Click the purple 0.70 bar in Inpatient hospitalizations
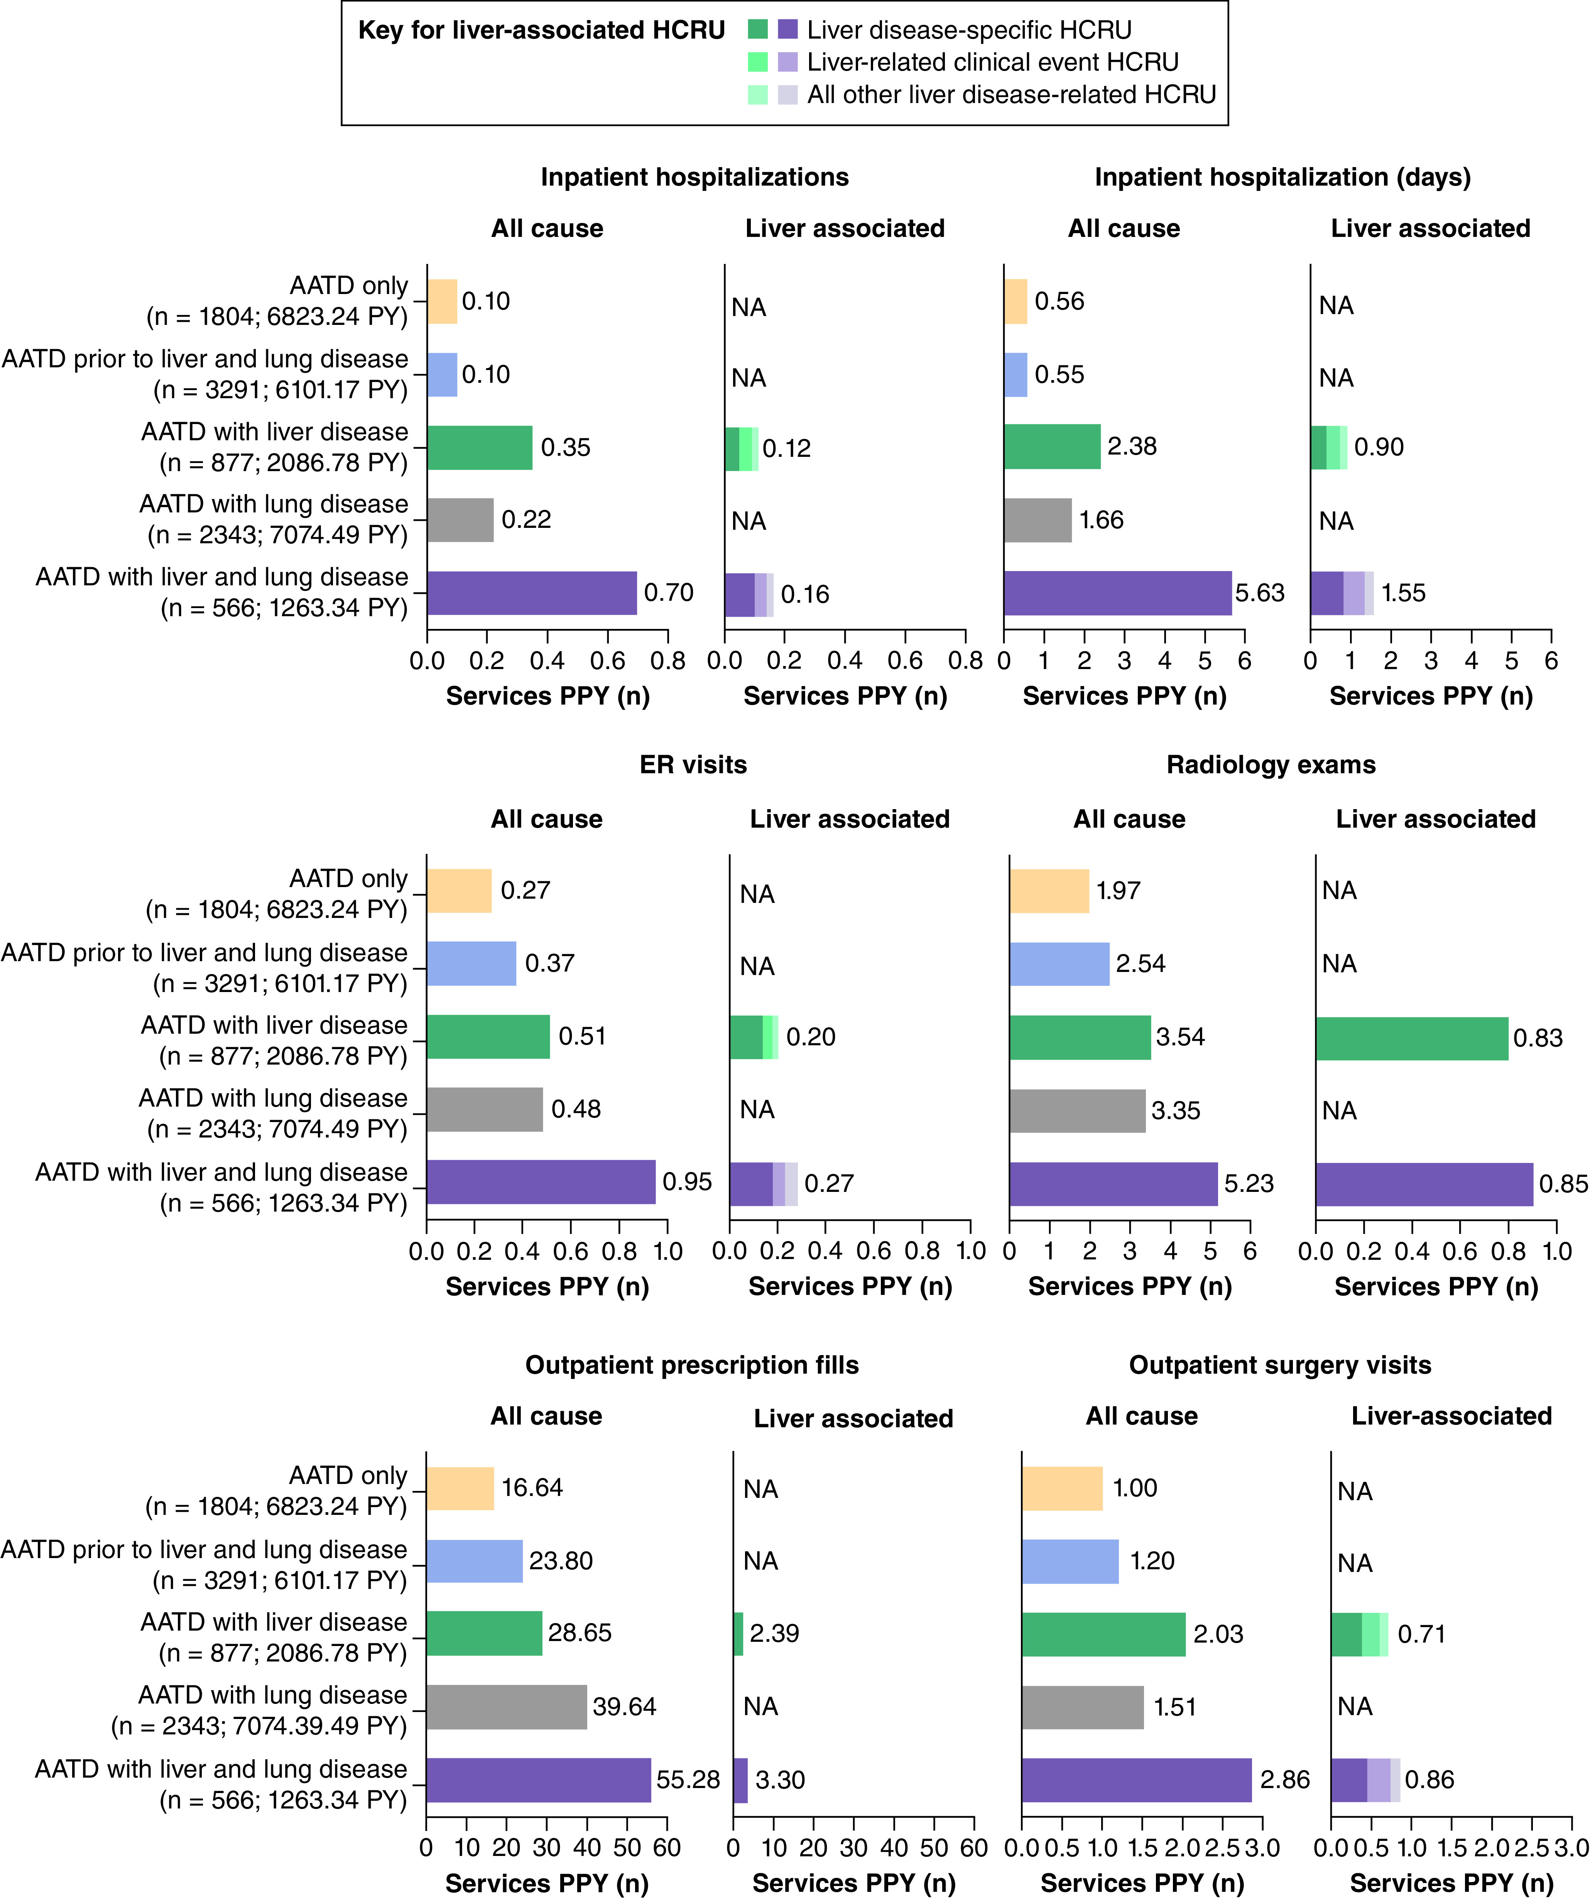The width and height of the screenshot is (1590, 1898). (532, 593)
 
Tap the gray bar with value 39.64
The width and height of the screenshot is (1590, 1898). (506, 1706)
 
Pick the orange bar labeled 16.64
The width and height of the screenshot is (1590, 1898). (460, 1488)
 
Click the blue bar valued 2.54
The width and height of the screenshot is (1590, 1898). (1058, 963)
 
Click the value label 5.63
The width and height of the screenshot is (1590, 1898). (1259, 593)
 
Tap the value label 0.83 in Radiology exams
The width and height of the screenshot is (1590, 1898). (1538, 1038)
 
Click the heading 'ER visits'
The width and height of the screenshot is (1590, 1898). (693, 765)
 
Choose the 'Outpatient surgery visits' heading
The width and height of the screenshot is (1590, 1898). (1280, 1365)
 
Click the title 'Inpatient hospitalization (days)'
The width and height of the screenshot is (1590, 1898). (1282, 177)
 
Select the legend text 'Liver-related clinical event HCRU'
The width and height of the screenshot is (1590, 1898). (992, 63)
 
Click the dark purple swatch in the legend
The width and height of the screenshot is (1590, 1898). (787, 30)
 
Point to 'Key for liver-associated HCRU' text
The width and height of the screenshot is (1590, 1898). (541, 31)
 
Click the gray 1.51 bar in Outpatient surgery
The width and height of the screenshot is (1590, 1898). (1082, 1706)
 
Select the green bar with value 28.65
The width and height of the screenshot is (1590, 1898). (483, 1633)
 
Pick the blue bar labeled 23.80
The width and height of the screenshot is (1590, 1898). (474, 1561)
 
